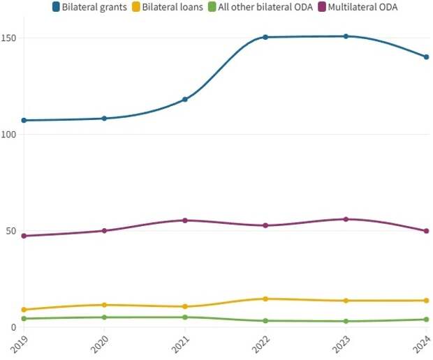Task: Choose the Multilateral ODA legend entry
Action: tap(363, 7)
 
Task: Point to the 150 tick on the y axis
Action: tap(9, 38)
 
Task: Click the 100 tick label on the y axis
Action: tap(9, 134)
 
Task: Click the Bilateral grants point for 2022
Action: tap(265, 37)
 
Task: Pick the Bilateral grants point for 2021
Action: tap(185, 99)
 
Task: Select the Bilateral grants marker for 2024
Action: tap(426, 57)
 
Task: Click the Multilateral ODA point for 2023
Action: tap(346, 219)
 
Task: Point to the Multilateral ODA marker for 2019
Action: tap(24, 236)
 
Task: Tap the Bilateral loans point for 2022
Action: tap(265, 299)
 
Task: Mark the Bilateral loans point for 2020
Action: tap(104, 305)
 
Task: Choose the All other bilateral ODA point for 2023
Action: tap(346, 321)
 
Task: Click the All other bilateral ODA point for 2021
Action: tap(185, 317)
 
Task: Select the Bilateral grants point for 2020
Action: tap(104, 119)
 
